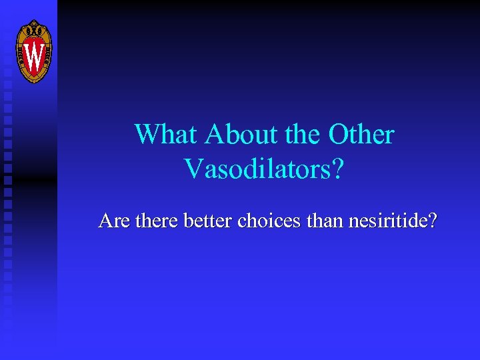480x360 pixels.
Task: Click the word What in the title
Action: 167,135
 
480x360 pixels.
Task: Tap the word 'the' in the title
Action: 303,135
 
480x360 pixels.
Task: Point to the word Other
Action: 361,135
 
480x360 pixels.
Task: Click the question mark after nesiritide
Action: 433,220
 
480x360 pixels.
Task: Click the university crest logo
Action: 33,51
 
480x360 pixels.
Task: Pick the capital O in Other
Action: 339,135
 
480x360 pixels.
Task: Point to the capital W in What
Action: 148,135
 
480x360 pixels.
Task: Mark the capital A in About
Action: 216,135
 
